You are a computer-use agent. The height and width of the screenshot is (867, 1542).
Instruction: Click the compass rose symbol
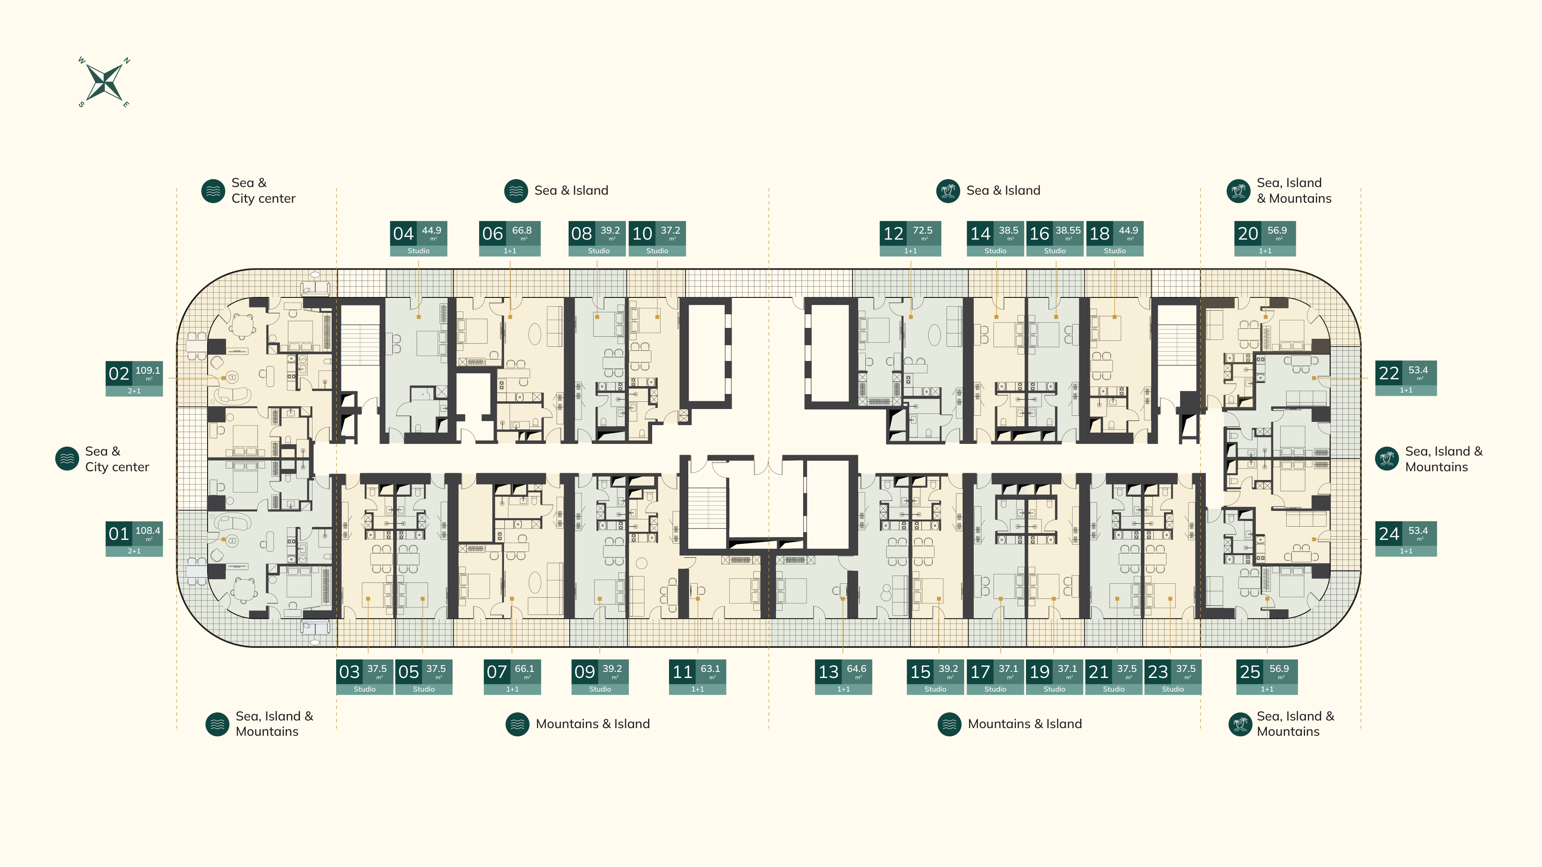coord(104,82)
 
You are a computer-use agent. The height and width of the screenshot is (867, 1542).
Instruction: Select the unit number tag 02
coord(134,378)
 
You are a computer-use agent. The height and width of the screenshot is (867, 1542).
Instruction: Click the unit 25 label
coord(1267,677)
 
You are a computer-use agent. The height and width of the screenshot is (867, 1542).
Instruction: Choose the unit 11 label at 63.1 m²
coord(698,677)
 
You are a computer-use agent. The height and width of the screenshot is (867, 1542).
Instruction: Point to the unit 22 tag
coord(1405,378)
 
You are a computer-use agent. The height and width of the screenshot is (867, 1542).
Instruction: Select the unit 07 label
coord(512,677)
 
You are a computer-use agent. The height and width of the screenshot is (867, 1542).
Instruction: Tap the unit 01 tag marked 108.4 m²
coord(134,539)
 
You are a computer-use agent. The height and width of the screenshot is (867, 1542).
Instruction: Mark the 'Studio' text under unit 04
coord(418,251)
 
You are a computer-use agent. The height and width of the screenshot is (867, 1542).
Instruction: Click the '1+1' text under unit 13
coord(843,689)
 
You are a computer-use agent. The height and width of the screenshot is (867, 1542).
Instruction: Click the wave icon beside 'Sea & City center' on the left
coord(67,459)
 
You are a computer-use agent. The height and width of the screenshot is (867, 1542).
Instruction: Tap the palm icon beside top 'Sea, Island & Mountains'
coord(1238,191)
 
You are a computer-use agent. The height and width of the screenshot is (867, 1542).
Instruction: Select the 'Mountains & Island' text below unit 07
coord(593,724)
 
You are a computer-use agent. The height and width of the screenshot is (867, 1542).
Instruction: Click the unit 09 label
coord(600,677)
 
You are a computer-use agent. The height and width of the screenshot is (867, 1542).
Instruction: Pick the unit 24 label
coord(1405,539)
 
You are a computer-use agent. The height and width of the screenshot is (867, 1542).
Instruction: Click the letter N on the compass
coord(127,61)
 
